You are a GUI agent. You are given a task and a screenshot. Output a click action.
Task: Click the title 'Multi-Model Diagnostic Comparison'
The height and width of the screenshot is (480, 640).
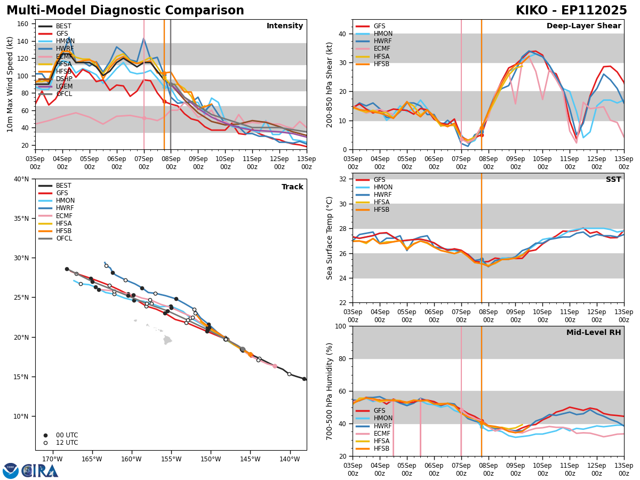[x=125, y=11]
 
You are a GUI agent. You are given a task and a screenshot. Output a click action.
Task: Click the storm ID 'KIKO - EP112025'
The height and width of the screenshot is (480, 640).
[x=571, y=11]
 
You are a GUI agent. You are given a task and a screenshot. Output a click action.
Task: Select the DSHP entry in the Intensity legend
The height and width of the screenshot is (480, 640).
[x=63, y=79]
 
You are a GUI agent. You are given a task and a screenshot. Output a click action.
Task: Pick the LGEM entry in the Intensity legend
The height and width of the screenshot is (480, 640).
[x=63, y=86]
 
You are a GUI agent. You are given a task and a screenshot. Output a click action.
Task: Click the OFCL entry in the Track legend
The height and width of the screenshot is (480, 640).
[x=63, y=238]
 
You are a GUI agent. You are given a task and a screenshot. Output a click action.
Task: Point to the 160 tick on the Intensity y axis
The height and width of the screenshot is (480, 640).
[x=23, y=24]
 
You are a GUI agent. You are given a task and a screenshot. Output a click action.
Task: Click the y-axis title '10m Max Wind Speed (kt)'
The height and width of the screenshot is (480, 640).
[x=10, y=84]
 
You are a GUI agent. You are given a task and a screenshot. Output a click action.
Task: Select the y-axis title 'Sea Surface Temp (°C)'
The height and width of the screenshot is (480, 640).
[x=330, y=238]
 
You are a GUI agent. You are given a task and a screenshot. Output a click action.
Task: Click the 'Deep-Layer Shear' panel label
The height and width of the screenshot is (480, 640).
[x=583, y=26]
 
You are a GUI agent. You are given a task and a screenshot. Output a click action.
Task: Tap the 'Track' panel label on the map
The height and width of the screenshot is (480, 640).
[x=292, y=187]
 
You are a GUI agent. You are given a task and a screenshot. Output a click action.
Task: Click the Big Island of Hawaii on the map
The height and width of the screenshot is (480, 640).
[x=167, y=340]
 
